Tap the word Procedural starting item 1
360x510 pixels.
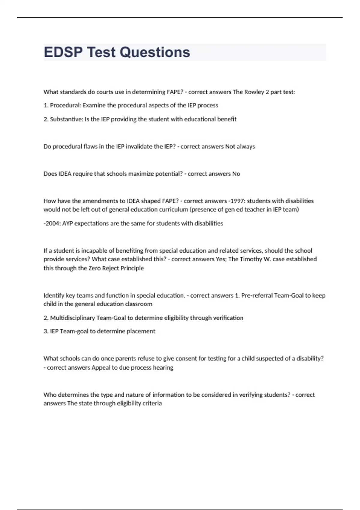click(x=65, y=105)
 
